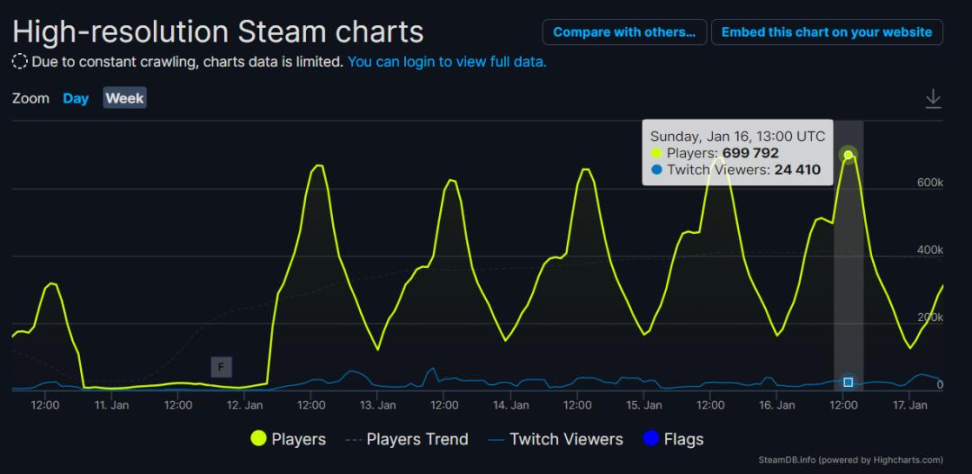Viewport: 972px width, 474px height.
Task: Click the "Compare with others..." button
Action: coord(624,31)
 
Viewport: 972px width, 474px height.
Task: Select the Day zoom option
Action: coord(76,98)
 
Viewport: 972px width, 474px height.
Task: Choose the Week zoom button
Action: coord(124,98)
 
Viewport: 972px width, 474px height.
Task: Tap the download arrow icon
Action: coord(933,99)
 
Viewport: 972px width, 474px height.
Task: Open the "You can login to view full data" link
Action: coord(446,62)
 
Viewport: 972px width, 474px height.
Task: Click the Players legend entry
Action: coord(288,439)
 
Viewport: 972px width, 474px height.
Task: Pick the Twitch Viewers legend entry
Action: coord(555,439)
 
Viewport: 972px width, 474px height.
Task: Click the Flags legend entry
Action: coord(673,439)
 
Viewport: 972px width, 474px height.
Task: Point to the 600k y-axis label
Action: coord(930,183)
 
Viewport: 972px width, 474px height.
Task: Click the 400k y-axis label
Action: coord(930,250)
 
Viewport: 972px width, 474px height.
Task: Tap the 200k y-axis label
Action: coord(930,317)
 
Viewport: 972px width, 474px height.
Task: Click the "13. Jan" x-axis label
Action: coord(378,406)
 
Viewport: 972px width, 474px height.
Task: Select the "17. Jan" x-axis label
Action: coord(910,406)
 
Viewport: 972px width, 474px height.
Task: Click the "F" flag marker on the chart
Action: coord(221,366)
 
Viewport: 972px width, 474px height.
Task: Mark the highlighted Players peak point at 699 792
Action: coord(848,156)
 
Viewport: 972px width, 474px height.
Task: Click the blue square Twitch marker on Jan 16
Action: coord(848,382)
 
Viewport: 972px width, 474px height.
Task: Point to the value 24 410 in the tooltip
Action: coord(797,169)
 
